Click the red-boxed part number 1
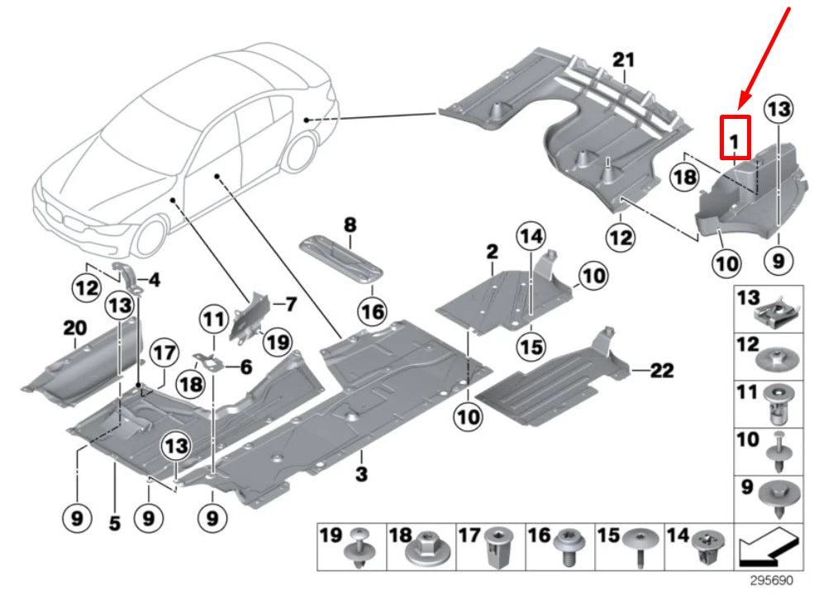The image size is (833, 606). (x=734, y=138)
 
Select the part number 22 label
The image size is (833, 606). (x=661, y=372)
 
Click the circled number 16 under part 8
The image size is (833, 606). (x=372, y=311)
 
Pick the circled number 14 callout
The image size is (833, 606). (x=532, y=237)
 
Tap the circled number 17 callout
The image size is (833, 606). (x=164, y=354)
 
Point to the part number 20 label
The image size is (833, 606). (x=74, y=329)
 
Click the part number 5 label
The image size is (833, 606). (x=114, y=522)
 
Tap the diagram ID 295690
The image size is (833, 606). (x=771, y=580)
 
